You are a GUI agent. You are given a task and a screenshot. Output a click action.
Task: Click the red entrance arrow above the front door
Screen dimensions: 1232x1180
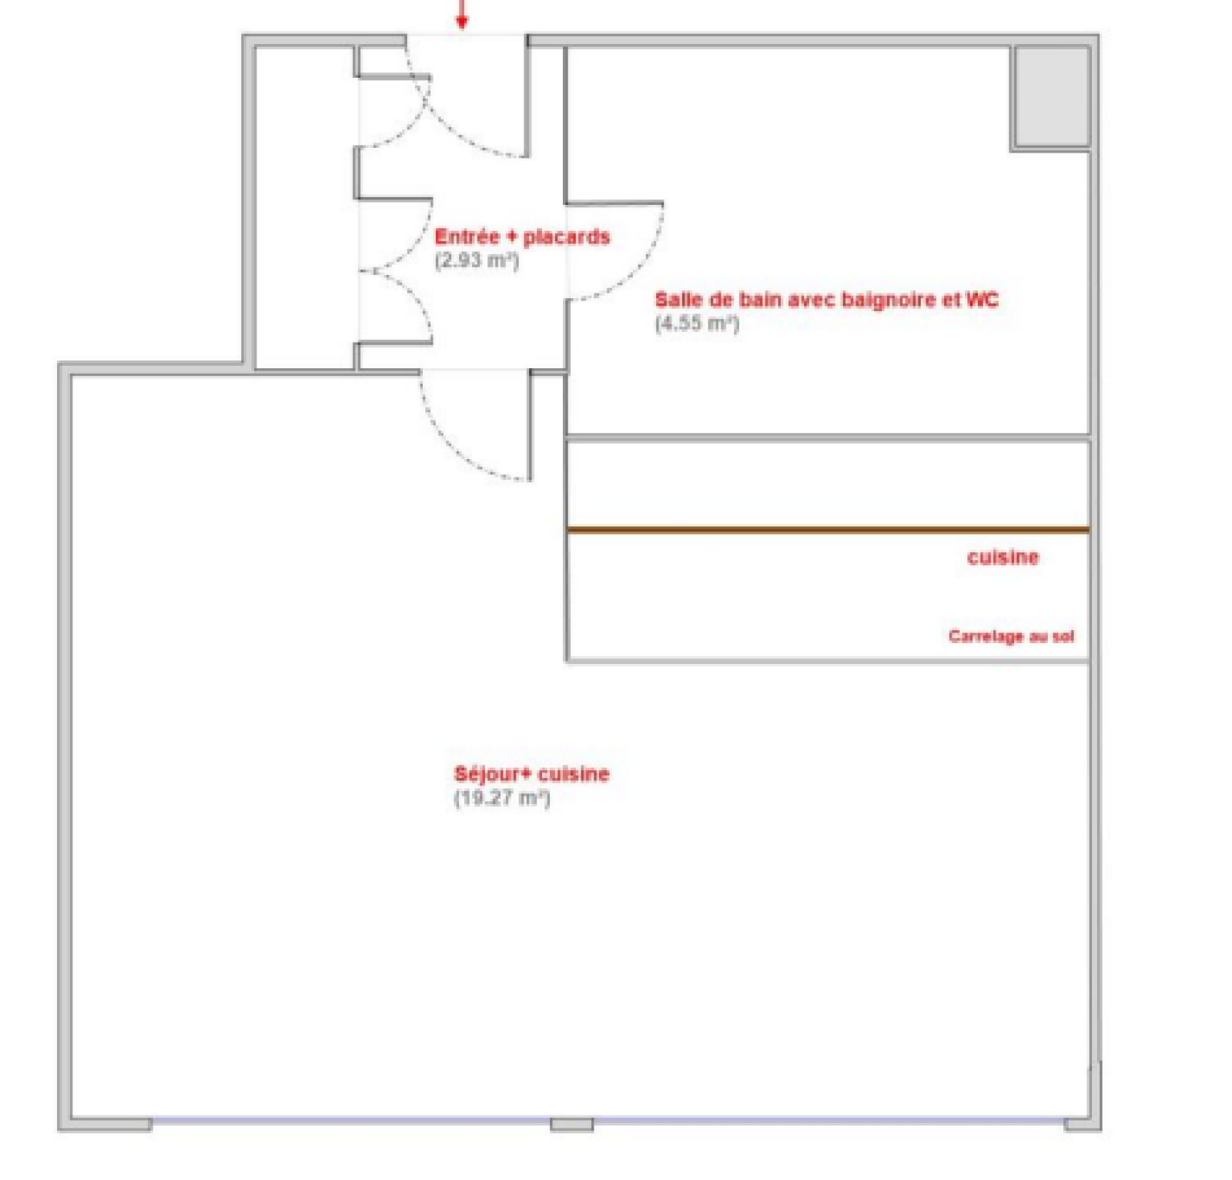click(x=461, y=14)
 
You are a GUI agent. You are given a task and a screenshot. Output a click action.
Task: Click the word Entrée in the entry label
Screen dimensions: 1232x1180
click(x=467, y=236)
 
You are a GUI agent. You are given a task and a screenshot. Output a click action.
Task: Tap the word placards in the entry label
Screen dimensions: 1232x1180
click(x=567, y=236)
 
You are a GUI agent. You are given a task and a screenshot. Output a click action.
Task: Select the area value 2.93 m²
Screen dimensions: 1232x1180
click(x=477, y=260)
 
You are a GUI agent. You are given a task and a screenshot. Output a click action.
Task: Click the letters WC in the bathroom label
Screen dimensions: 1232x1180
click(x=982, y=299)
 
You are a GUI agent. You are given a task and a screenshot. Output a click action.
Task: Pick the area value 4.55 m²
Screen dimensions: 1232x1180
click(x=697, y=323)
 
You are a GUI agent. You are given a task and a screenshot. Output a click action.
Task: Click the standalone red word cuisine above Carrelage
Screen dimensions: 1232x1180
click(x=1003, y=557)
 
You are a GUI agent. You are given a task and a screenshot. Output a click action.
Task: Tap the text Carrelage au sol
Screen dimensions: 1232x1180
click(x=1011, y=636)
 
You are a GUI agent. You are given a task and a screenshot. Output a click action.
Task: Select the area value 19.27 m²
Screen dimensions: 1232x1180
click(x=502, y=798)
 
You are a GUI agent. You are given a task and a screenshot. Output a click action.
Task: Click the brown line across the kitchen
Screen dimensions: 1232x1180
click(x=828, y=530)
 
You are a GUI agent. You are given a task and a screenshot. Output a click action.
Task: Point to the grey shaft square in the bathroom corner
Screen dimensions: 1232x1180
click(x=1051, y=96)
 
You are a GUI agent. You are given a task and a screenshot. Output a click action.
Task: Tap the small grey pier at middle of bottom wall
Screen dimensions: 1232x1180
click(x=571, y=1125)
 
